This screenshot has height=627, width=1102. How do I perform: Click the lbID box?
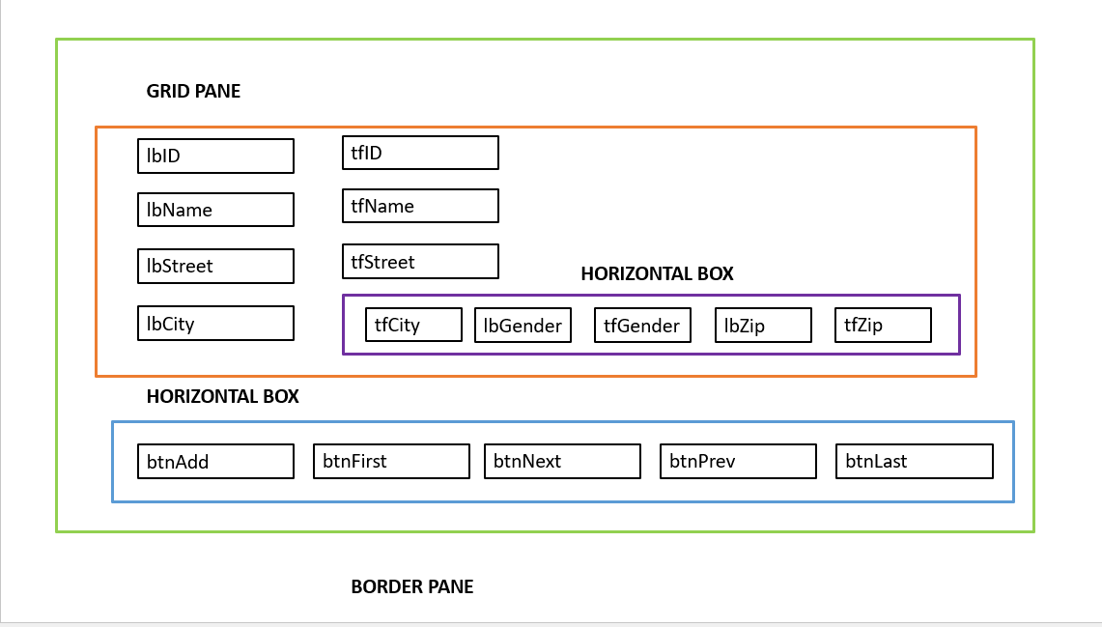tap(215, 156)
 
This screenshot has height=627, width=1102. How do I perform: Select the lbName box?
tap(215, 210)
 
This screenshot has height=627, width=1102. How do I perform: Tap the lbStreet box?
tap(215, 266)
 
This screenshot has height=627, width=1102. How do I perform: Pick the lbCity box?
tap(215, 324)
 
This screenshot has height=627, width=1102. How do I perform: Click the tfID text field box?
tap(420, 153)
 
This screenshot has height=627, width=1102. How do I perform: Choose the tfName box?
tap(420, 206)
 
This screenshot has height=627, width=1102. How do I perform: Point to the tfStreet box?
tap(420, 262)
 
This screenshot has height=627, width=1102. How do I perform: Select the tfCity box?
tap(413, 325)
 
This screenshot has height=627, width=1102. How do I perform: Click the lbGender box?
tap(523, 325)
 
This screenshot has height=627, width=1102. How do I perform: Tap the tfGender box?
tap(642, 325)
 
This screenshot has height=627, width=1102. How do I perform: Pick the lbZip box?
tap(763, 325)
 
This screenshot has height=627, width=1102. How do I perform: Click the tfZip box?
tap(883, 325)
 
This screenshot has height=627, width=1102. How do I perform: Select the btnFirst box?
tap(391, 461)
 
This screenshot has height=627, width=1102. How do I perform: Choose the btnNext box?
tap(562, 461)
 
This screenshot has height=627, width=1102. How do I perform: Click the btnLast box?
tap(914, 461)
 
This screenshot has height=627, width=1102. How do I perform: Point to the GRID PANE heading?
tap(193, 92)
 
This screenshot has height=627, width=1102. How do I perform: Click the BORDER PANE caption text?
tap(412, 586)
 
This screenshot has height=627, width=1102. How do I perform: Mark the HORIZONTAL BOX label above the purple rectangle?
tap(657, 274)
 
